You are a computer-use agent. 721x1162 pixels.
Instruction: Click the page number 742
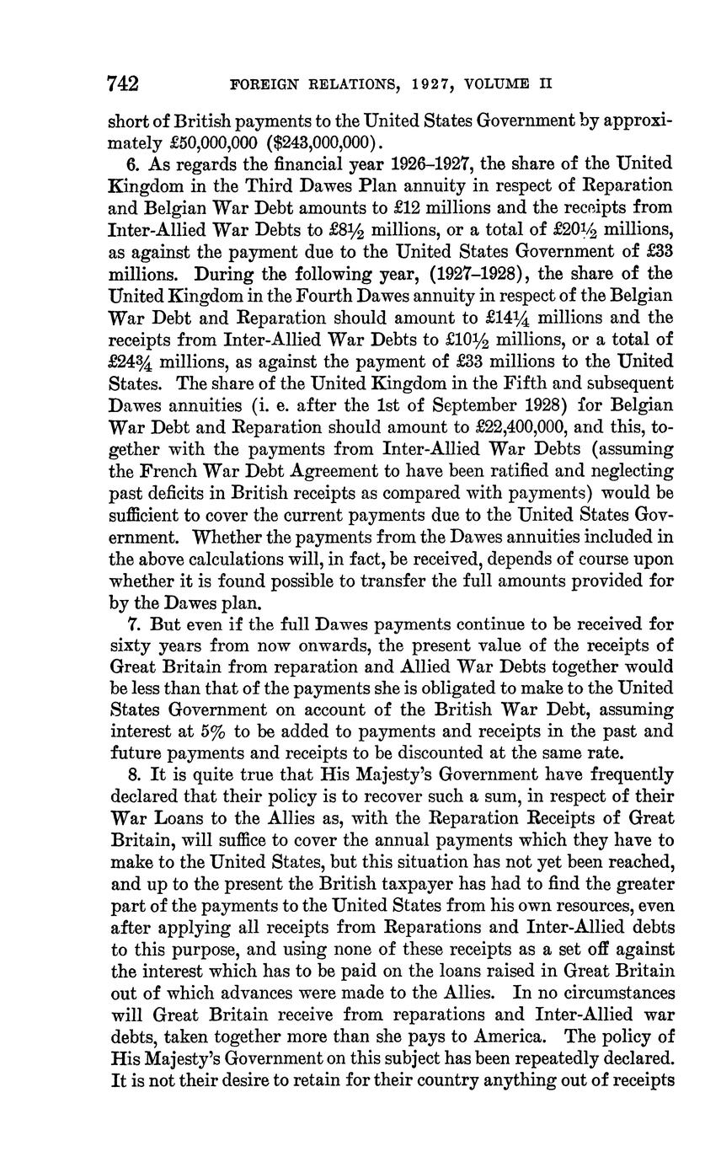click(x=123, y=83)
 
